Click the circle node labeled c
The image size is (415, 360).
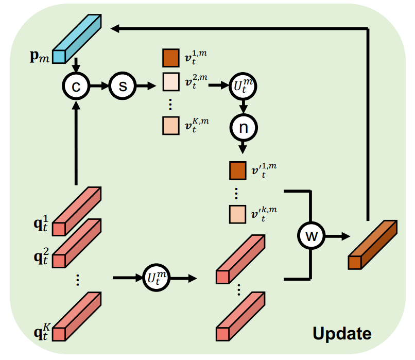(x=76, y=86)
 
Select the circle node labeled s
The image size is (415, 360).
(x=123, y=86)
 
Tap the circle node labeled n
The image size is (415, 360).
(x=243, y=128)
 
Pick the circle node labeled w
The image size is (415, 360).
(x=311, y=235)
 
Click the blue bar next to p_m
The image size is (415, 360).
(x=77, y=39)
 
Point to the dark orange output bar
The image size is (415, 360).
(x=373, y=245)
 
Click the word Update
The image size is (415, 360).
(x=342, y=334)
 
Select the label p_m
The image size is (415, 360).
(x=40, y=56)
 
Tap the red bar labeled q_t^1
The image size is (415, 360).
(x=77, y=211)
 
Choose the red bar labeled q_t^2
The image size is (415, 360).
(x=77, y=243)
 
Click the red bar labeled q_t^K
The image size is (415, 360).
(x=77, y=316)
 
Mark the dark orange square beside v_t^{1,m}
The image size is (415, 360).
(x=171, y=58)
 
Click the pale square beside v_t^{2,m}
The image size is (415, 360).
(x=171, y=82)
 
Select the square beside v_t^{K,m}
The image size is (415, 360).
(x=171, y=126)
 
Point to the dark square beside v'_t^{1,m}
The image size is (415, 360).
(x=238, y=171)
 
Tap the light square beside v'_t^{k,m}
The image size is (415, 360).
(x=238, y=214)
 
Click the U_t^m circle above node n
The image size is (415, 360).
(x=243, y=86)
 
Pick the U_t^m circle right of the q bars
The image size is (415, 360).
(x=157, y=278)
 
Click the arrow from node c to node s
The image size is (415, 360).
(x=99, y=86)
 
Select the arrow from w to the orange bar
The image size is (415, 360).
(x=338, y=236)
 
